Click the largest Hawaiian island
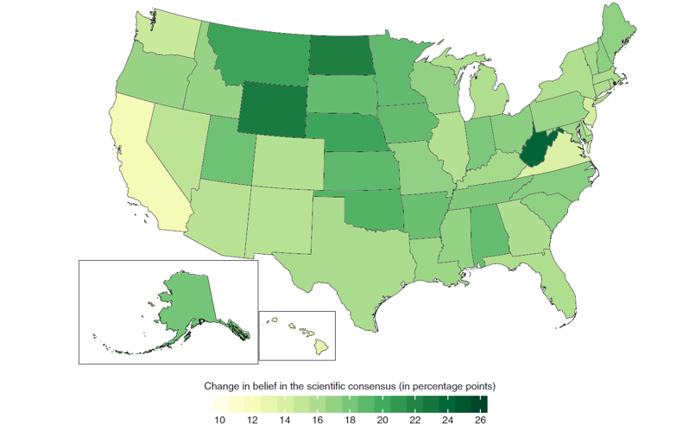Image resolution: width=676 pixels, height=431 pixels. click(322, 347)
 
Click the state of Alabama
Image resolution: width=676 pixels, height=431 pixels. click(488, 233)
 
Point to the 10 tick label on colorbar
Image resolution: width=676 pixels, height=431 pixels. click(220, 419)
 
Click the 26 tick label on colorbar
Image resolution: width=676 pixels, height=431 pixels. click(480, 419)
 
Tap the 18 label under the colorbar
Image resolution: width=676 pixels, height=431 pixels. click(350, 419)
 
